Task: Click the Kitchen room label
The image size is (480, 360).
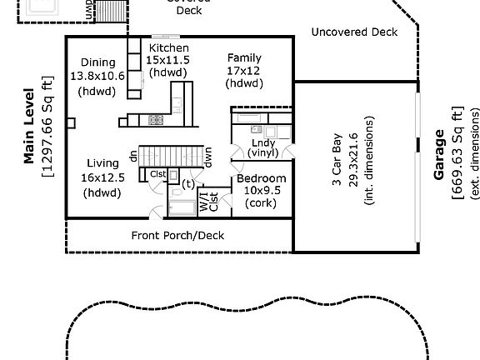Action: point(168,48)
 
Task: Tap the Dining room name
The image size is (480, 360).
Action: point(97,62)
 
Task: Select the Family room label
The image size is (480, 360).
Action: point(243,58)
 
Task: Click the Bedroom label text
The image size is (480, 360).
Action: point(261,178)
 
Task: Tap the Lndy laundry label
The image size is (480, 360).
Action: point(262,143)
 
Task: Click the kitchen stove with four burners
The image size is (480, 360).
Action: point(157,119)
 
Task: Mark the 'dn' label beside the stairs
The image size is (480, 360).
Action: point(133,155)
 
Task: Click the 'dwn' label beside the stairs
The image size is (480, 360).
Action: point(208,157)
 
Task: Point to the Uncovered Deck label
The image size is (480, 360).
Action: point(354,32)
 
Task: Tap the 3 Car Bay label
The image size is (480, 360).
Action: point(339,160)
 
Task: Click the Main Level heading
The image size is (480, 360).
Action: point(30,124)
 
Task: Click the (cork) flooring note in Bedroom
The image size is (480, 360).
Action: point(261,203)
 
